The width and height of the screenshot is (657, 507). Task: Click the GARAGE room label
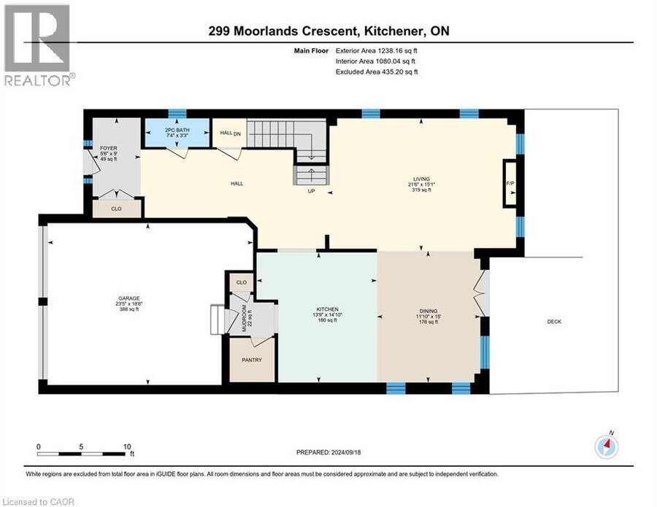pos(128,298)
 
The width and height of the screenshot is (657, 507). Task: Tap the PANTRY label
pos(252,360)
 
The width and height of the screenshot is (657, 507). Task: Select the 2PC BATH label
pos(177,130)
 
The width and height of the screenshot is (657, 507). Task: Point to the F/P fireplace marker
pos(510,183)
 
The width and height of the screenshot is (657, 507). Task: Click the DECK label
pos(554,322)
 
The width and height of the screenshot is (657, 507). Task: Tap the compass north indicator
pos(607,447)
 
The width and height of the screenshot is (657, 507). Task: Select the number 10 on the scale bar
pos(127,446)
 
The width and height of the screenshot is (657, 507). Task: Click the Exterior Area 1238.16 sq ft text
pos(376,50)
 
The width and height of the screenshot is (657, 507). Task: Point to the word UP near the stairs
pos(311,191)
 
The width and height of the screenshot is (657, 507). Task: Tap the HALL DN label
pos(231,133)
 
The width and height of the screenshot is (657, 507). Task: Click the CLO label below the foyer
pos(116,209)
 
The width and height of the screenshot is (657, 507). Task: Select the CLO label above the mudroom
pos(242,282)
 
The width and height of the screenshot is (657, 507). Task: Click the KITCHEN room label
pos(327,309)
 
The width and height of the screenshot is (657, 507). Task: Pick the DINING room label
pos(429,311)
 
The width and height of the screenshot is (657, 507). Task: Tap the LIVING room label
pos(421,179)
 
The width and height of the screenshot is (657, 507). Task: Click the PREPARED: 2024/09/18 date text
pos(328,452)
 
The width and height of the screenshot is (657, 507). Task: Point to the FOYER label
pos(109,148)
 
